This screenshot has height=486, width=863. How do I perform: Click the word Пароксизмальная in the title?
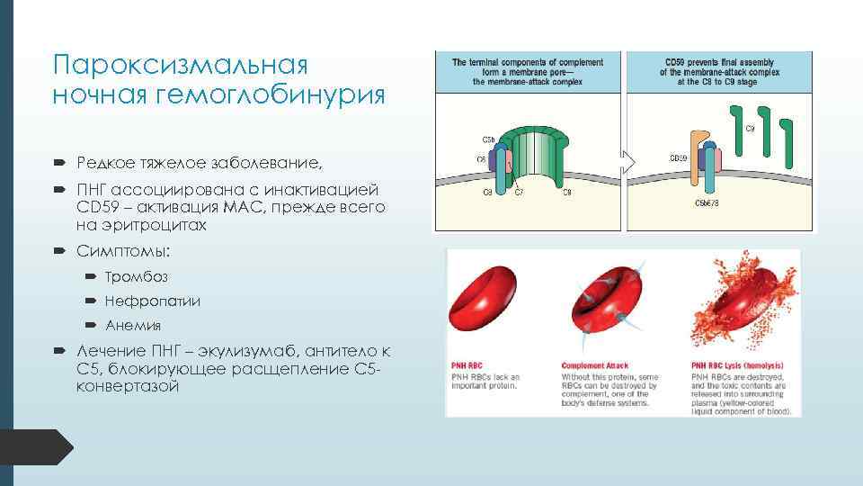(x=181, y=66)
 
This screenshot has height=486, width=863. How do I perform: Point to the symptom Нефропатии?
(x=152, y=301)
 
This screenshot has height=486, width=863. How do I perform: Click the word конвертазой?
(x=128, y=386)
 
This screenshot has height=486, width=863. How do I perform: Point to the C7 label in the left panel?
(x=519, y=192)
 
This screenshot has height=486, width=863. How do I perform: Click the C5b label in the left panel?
(x=487, y=139)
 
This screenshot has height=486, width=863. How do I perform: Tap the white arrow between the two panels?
(x=628, y=162)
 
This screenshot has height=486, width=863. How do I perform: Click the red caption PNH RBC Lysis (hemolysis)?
(x=735, y=366)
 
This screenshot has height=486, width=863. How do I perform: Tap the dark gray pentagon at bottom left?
(x=36, y=447)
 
